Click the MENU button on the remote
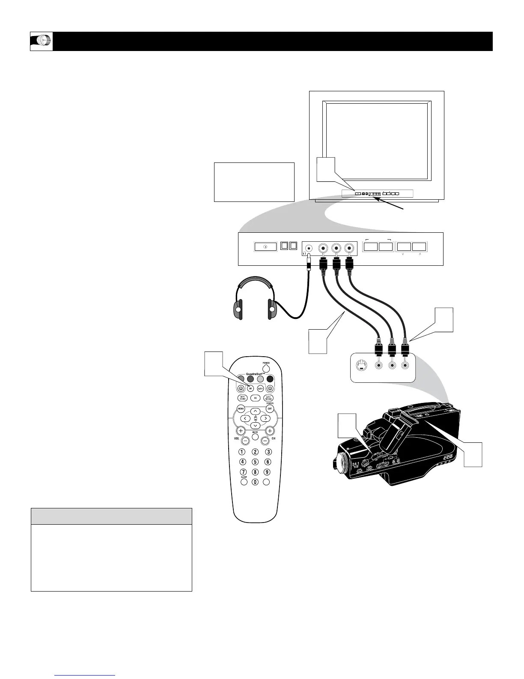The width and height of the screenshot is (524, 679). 241,409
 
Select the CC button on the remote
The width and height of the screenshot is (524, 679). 255,398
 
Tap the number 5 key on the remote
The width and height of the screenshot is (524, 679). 255,462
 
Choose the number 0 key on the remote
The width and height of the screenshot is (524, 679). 255,482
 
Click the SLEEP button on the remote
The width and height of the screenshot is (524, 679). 244,481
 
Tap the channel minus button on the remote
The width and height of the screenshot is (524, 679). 265,440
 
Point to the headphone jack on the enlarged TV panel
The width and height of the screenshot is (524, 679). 308,248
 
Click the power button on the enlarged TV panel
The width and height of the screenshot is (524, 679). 265,247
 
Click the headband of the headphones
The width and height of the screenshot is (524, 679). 255,282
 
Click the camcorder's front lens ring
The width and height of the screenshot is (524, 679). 342,463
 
